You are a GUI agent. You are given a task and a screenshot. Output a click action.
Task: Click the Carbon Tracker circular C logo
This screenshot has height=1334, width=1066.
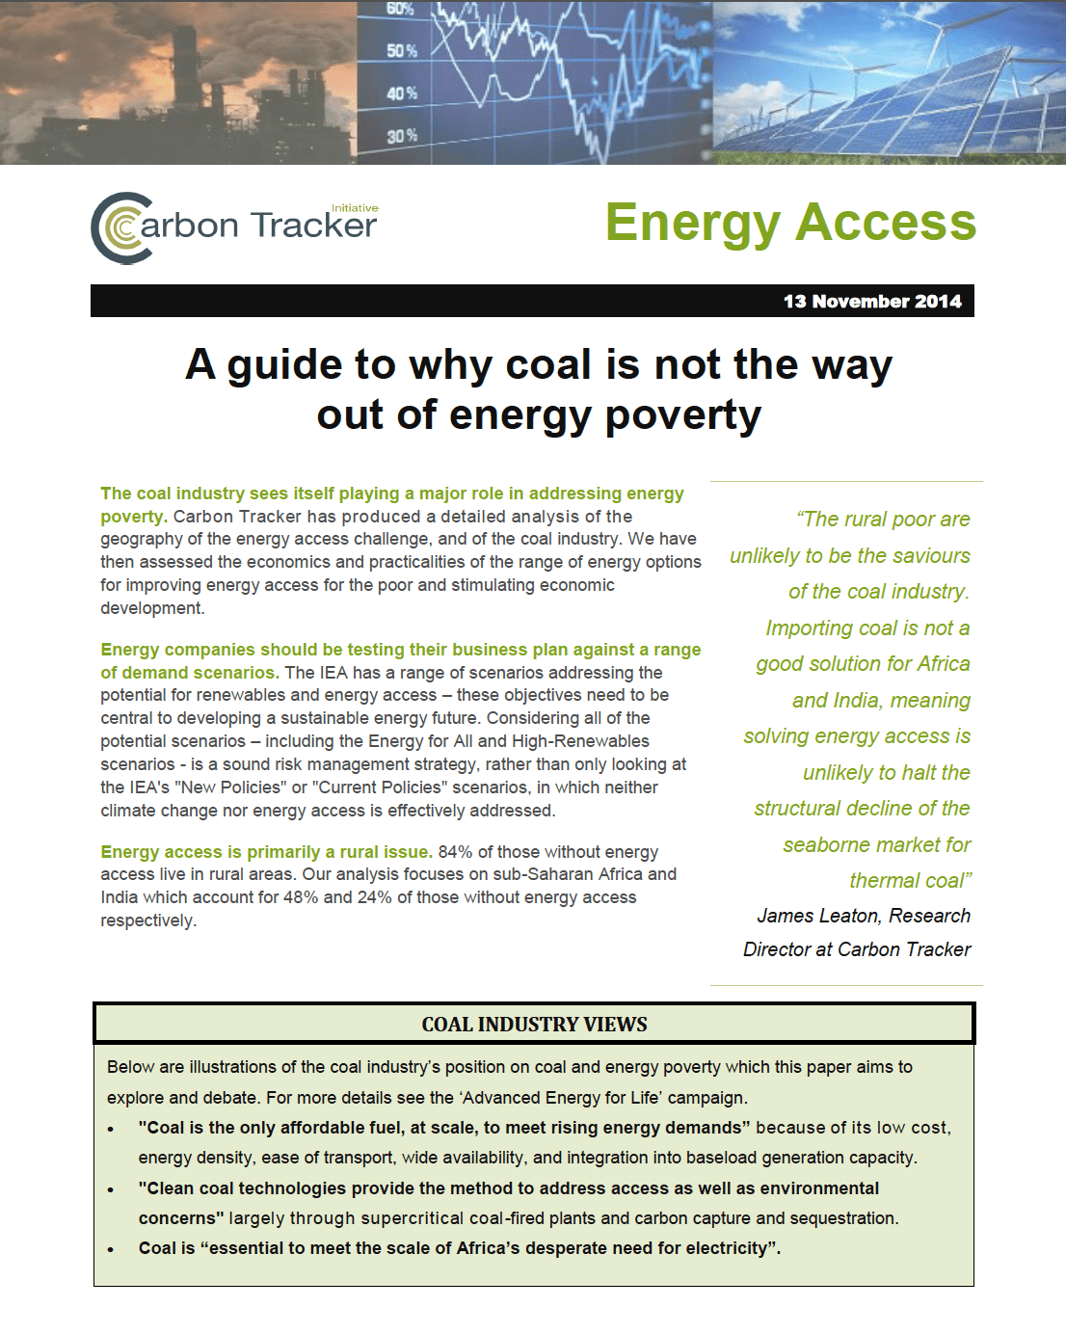[x=121, y=228]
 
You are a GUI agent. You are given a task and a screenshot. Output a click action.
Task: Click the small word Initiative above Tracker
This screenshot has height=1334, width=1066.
[x=355, y=208]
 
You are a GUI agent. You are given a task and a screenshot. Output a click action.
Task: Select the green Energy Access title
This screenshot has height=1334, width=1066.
[x=790, y=223]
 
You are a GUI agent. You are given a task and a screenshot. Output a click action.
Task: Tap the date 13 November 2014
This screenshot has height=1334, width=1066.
[x=871, y=302]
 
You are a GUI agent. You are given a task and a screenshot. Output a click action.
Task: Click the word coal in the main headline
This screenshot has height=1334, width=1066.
[x=548, y=365]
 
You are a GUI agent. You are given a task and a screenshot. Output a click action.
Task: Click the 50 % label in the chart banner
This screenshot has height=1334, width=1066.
[x=402, y=50]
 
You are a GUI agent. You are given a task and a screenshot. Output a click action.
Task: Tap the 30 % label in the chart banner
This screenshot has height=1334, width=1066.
[x=402, y=136]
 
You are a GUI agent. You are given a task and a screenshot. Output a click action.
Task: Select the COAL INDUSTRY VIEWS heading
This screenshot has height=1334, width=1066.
[x=534, y=1025]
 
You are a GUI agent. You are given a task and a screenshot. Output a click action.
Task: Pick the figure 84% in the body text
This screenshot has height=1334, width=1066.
[x=456, y=852]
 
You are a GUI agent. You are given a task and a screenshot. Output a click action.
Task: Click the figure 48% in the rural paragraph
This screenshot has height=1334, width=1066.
[x=300, y=897]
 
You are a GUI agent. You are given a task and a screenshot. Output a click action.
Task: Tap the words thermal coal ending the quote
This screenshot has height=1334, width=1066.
[x=909, y=881]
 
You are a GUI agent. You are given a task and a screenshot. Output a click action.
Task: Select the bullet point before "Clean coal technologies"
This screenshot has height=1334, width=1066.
[x=111, y=1189]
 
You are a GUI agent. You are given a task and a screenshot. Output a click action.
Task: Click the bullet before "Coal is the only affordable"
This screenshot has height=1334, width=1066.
[x=111, y=1129]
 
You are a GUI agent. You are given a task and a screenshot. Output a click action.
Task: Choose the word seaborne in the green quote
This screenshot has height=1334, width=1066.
[x=826, y=845]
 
